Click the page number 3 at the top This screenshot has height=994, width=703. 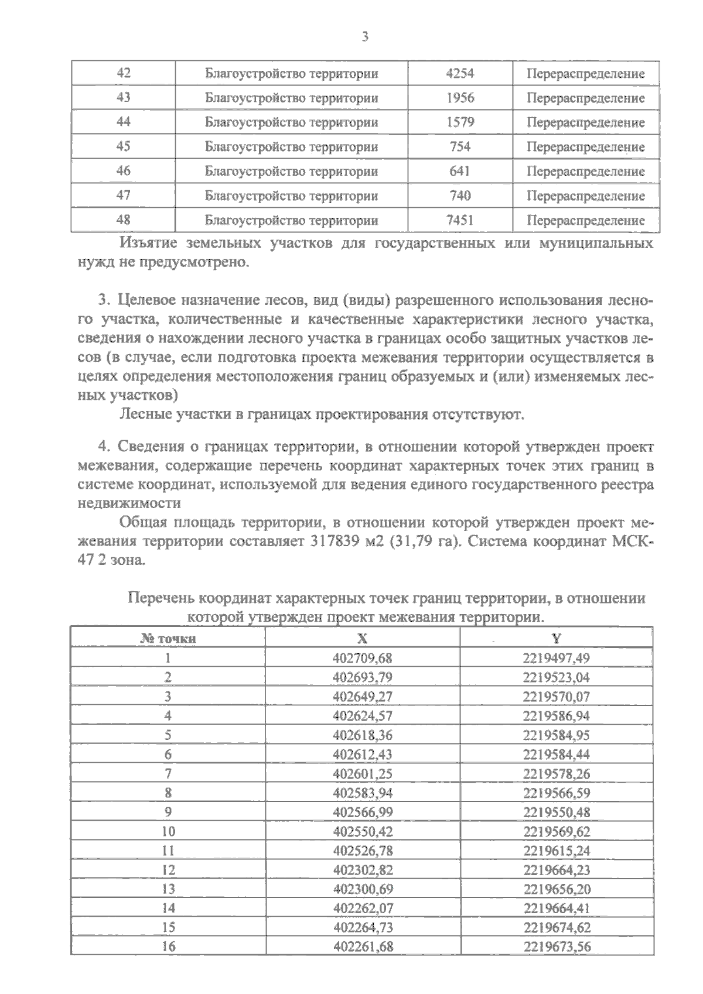click(364, 37)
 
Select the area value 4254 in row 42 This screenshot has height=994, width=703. click(460, 73)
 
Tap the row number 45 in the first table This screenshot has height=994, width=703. click(124, 146)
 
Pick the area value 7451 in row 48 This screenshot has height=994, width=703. click(460, 220)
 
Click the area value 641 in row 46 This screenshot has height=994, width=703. click(460, 171)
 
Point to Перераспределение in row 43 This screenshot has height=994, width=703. click(585, 98)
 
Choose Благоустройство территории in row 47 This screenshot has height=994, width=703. click(291, 196)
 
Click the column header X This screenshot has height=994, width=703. click(362, 639)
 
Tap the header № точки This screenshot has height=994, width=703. click(168, 639)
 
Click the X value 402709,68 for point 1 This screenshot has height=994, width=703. click(362, 658)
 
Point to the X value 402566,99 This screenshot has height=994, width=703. click(362, 813)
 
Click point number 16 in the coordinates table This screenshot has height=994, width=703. click(168, 947)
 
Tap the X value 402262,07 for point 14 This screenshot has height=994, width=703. click(362, 909)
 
